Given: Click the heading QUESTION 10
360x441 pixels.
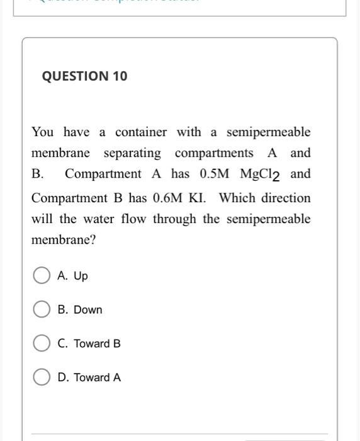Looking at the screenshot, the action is pyautogui.click(x=84, y=76).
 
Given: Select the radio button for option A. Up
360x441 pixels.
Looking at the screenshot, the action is pyautogui.click(x=42, y=276).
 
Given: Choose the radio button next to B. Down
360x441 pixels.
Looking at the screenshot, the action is pyautogui.click(x=42, y=310).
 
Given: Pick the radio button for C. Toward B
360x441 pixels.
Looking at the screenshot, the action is pyautogui.click(x=42, y=343).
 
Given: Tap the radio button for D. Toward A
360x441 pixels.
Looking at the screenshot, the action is pyautogui.click(x=42, y=377).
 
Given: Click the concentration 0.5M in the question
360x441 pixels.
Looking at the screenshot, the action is pyautogui.click(x=215, y=174).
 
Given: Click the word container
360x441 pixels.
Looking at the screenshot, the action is pyautogui.click(x=141, y=132).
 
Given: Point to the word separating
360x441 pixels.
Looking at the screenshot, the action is pyautogui.click(x=132, y=153).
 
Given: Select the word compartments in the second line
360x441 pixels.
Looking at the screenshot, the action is pyautogui.click(x=214, y=153).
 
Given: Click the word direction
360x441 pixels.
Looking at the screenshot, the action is pyautogui.click(x=283, y=198).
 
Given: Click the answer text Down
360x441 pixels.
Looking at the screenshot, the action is pyautogui.click(x=87, y=310).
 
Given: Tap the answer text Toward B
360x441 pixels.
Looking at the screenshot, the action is pyautogui.click(x=97, y=344).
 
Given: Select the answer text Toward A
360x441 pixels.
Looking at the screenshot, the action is pyautogui.click(x=97, y=378).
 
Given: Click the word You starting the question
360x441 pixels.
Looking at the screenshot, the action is pyautogui.click(x=43, y=132).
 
